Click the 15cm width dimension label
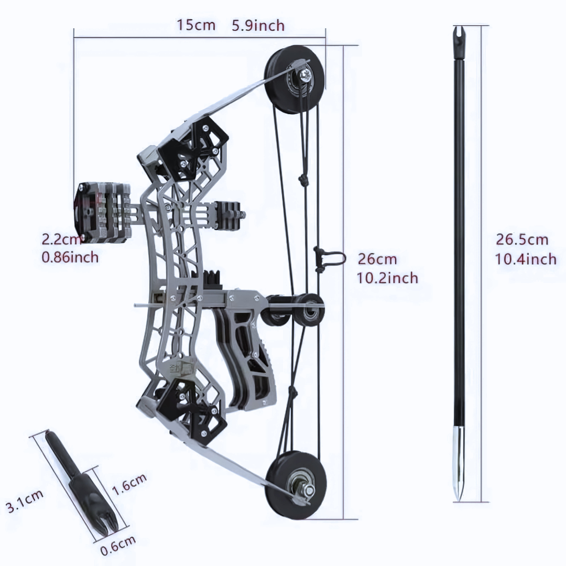click(195, 25)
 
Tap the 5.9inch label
click(258, 25)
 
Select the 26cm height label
click(377, 259)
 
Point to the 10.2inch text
click(388, 277)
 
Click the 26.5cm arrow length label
click(522, 240)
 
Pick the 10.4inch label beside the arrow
click(526, 258)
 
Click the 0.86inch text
click(70, 257)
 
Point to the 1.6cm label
click(129, 484)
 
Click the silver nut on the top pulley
click(304, 75)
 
